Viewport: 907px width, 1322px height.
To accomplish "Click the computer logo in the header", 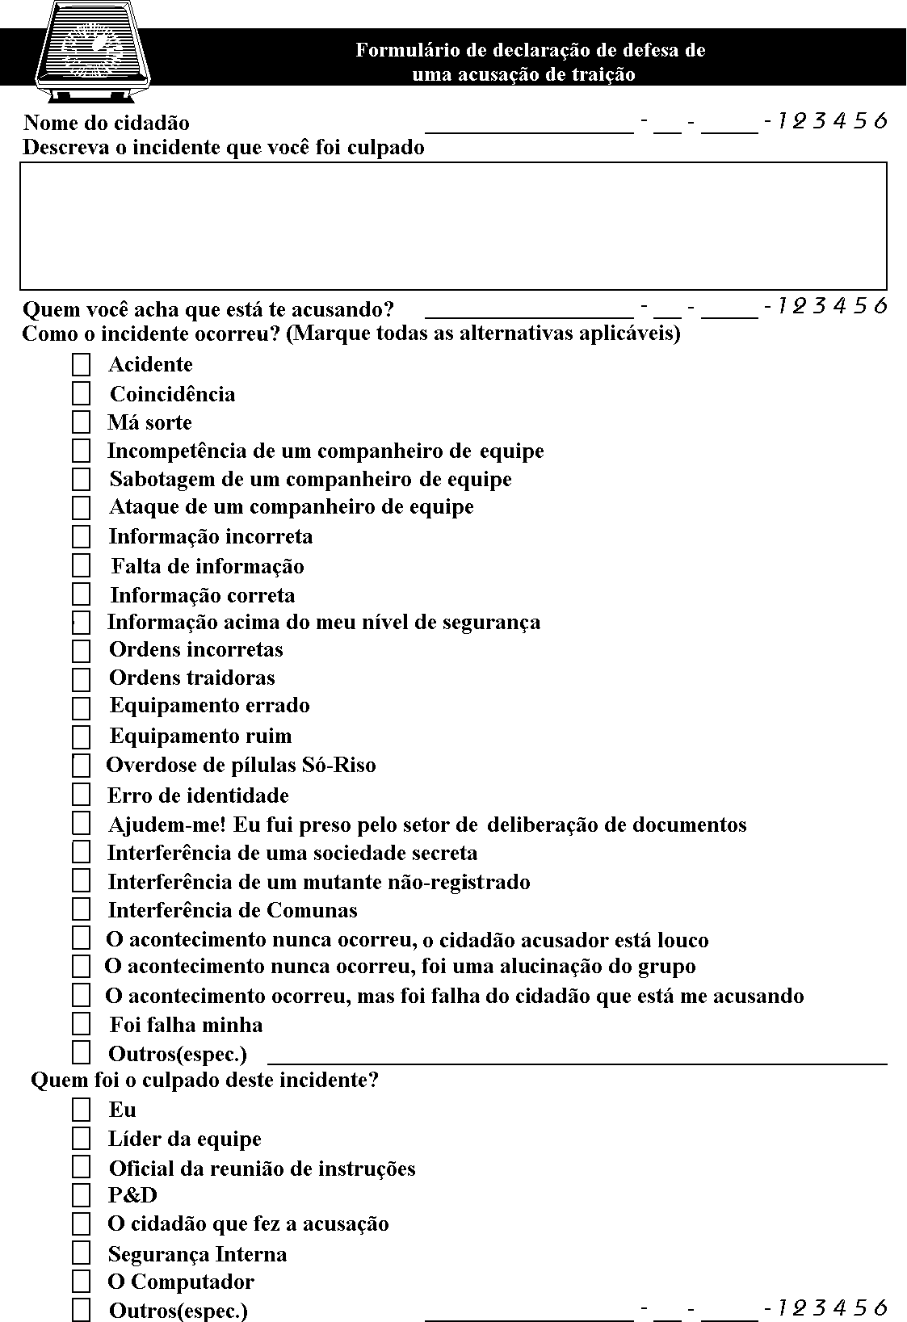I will tap(94, 48).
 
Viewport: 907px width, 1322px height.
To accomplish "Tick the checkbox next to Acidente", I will tap(81, 365).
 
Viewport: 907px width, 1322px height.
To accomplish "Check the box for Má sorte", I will tap(81, 422).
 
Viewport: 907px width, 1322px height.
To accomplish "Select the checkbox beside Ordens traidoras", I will tap(81, 679).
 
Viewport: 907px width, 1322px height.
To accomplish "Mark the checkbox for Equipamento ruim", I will tap(81, 737).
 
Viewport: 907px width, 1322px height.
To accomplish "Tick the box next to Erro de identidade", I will tap(81, 795).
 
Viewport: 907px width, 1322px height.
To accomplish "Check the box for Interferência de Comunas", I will tap(81, 910).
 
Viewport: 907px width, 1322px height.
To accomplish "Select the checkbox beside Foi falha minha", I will tap(81, 1024).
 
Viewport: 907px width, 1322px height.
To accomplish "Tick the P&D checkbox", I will tap(81, 1195).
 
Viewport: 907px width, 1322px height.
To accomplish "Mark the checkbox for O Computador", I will tap(81, 1282).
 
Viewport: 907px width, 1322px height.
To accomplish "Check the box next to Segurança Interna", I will tap(81, 1253).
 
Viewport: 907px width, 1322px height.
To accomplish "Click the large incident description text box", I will tap(453, 225).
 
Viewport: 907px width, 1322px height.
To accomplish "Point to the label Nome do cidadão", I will tap(107, 123).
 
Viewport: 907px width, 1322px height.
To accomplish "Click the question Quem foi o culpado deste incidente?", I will tap(204, 1080).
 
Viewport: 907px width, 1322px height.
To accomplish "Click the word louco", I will tap(682, 940).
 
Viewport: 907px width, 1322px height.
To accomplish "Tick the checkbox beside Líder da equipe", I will tap(81, 1139).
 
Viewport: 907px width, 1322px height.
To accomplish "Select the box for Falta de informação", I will tap(81, 565).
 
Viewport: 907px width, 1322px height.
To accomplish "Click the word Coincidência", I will tap(173, 394).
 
